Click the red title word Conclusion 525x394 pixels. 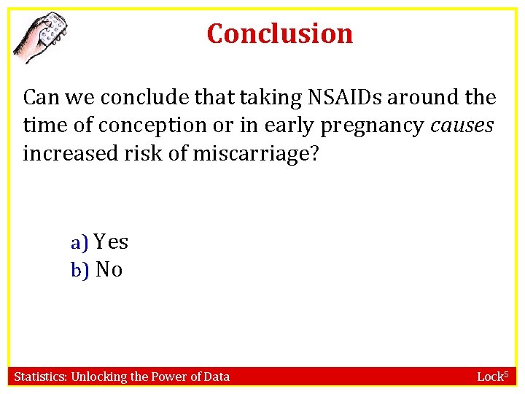280,34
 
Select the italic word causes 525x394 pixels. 462,125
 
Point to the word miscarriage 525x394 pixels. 256,154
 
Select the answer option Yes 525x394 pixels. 111,242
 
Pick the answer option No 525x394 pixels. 109,270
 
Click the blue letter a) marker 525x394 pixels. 79,242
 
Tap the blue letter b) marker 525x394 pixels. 79,271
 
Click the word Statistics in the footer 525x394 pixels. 40,376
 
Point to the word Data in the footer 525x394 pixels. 216,376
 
